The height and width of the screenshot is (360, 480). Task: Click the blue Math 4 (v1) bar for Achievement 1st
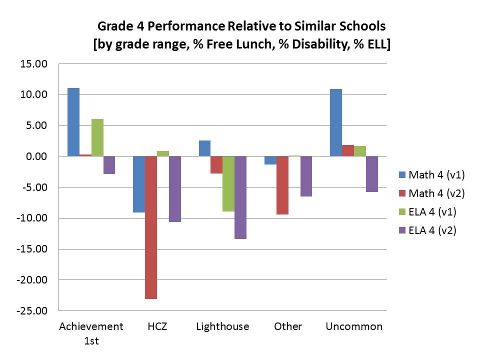pyautogui.click(x=73, y=122)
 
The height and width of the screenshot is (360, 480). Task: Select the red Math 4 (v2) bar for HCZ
pyautogui.click(x=151, y=227)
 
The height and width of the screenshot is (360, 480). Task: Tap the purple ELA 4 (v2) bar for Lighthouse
pyautogui.click(x=240, y=197)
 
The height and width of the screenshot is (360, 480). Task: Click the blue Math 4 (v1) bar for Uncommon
pyautogui.click(x=335, y=122)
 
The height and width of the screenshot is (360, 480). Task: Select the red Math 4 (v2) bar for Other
pyautogui.click(x=282, y=185)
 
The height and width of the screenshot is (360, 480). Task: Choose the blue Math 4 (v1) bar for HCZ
pyautogui.click(x=139, y=184)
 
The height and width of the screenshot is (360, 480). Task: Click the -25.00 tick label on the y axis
pyautogui.click(x=33, y=311)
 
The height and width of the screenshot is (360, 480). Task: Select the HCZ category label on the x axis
pyautogui.click(x=157, y=326)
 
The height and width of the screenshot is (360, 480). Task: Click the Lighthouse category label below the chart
pyautogui.click(x=222, y=326)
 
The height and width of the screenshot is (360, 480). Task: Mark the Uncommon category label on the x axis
pyautogui.click(x=354, y=326)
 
